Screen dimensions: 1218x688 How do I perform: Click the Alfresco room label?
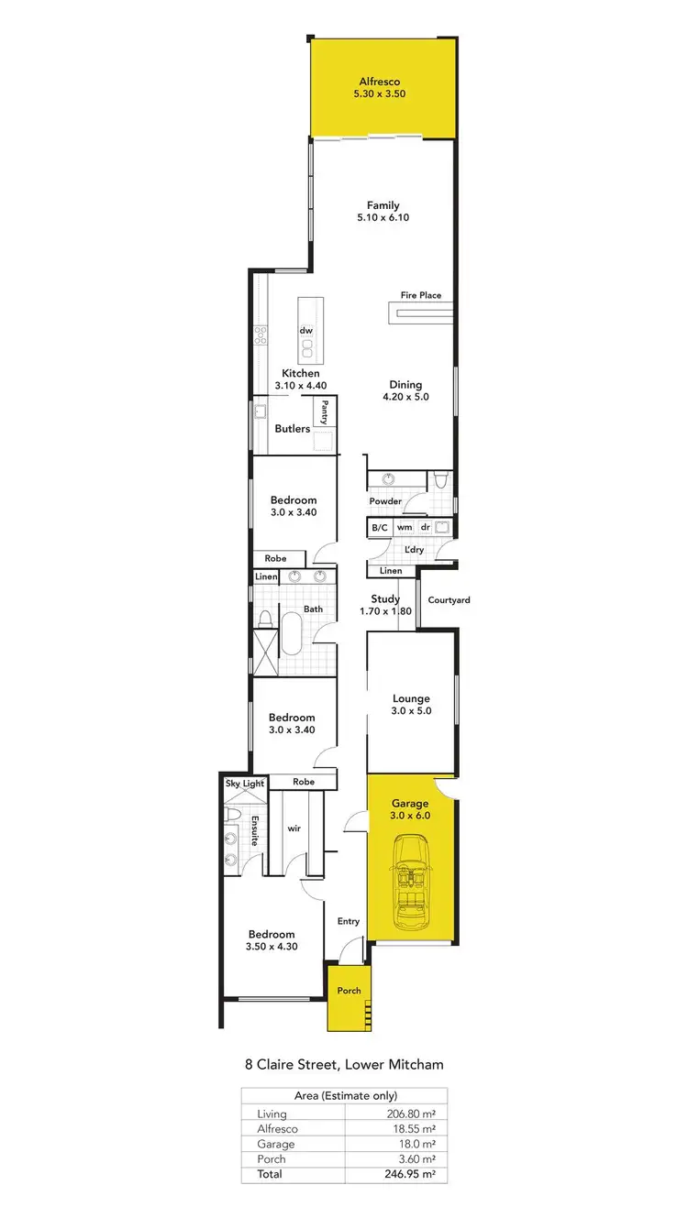click(379, 82)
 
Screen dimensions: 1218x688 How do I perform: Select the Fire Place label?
click(420, 295)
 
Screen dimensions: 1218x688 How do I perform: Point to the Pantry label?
click(324, 411)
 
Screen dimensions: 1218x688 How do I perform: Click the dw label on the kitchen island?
click(305, 330)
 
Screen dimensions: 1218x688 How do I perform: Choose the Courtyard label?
click(449, 600)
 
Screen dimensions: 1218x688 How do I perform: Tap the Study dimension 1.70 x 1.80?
click(384, 611)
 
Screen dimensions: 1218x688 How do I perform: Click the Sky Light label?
click(244, 784)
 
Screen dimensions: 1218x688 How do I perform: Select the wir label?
click(294, 828)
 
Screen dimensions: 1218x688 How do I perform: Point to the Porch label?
click(349, 991)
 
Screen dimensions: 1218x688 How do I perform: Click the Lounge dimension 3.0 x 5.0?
click(410, 710)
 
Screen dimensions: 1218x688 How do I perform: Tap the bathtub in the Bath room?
click(291, 633)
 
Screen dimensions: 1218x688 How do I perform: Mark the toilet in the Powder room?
click(441, 480)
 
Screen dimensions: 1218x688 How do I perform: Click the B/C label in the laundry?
click(379, 528)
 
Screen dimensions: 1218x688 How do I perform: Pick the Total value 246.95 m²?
click(394, 1174)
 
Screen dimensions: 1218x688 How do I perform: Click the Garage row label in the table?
click(276, 1144)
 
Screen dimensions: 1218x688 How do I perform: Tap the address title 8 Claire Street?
click(344, 1065)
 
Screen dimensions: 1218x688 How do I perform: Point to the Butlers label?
click(293, 429)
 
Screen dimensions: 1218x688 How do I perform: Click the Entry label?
click(349, 921)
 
